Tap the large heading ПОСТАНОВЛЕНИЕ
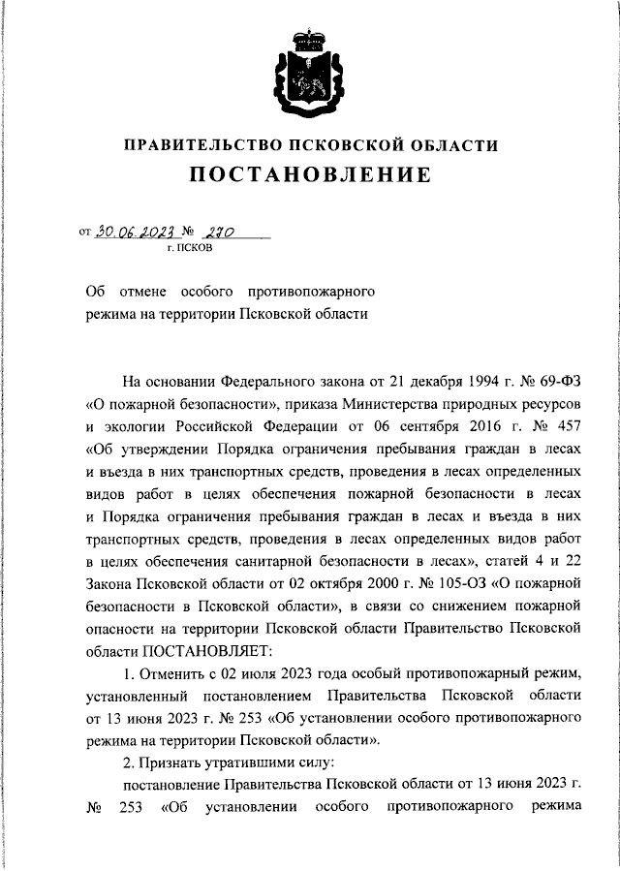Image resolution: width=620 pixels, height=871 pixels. point(310,176)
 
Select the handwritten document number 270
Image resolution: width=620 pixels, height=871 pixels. point(220,233)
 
